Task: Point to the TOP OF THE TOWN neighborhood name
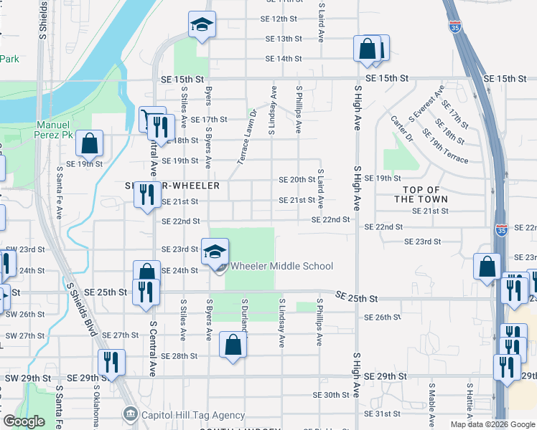pos(420,194)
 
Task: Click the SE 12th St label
pos(281,19)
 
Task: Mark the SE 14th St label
pos(281,59)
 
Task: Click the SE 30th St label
pos(331,395)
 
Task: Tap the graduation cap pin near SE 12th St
pos(202,25)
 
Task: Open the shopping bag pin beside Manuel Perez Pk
pos(90,144)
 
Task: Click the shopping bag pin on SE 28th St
pos(233,345)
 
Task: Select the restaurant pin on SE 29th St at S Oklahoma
pos(111,363)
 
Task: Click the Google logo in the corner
pos(24,421)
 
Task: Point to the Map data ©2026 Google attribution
pos(492,424)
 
